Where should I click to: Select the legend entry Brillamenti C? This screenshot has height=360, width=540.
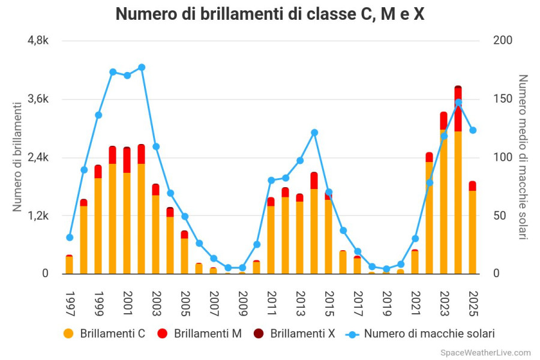coord(106,334)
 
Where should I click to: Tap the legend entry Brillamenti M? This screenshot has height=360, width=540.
coord(200,334)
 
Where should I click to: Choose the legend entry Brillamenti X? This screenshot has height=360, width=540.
coord(295,334)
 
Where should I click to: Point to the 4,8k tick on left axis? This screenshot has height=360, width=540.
coord(37,41)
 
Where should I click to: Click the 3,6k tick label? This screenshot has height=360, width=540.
coord(37,99)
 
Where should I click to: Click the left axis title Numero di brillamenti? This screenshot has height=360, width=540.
coord(17,157)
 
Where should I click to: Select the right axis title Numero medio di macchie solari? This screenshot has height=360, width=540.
coord(523,157)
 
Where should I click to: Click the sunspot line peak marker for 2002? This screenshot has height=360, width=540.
coord(142,67)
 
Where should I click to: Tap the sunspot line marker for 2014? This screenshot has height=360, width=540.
coord(314,133)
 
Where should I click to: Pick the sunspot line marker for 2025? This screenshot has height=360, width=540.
coord(473,130)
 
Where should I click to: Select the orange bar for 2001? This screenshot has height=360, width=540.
coord(127,222)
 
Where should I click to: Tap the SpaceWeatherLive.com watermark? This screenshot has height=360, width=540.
coord(485,353)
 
